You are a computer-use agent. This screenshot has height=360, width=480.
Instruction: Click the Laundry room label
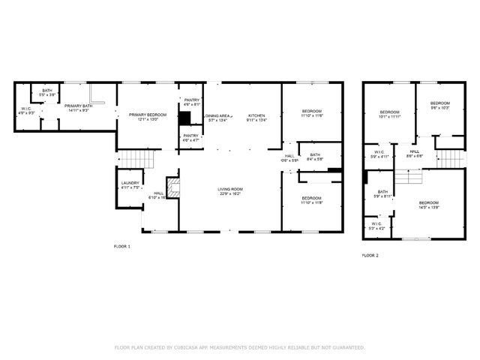pos(130,184)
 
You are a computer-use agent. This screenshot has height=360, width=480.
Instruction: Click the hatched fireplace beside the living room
pos(173,188)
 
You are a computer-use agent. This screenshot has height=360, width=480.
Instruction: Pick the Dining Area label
pos(218,115)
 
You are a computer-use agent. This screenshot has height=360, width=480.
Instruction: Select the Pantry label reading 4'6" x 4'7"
pos(190,137)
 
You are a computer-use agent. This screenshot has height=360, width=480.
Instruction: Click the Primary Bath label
pos(77,108)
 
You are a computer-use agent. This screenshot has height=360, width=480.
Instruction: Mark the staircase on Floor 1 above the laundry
pos(130,160)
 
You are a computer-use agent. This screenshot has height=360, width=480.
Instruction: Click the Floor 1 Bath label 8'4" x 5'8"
pos(315,157)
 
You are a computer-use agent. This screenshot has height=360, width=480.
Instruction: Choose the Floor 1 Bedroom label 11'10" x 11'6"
pos(311,113)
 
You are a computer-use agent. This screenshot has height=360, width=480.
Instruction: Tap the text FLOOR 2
pos(370,256)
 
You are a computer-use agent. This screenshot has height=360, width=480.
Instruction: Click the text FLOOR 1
pos(121,246)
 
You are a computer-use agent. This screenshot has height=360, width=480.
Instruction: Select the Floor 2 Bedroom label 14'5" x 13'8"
pos(428,205)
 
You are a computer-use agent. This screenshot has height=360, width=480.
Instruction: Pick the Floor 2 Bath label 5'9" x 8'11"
pos(382,193)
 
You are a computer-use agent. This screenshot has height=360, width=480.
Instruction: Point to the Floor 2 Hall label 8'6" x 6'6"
pos(415,153)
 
